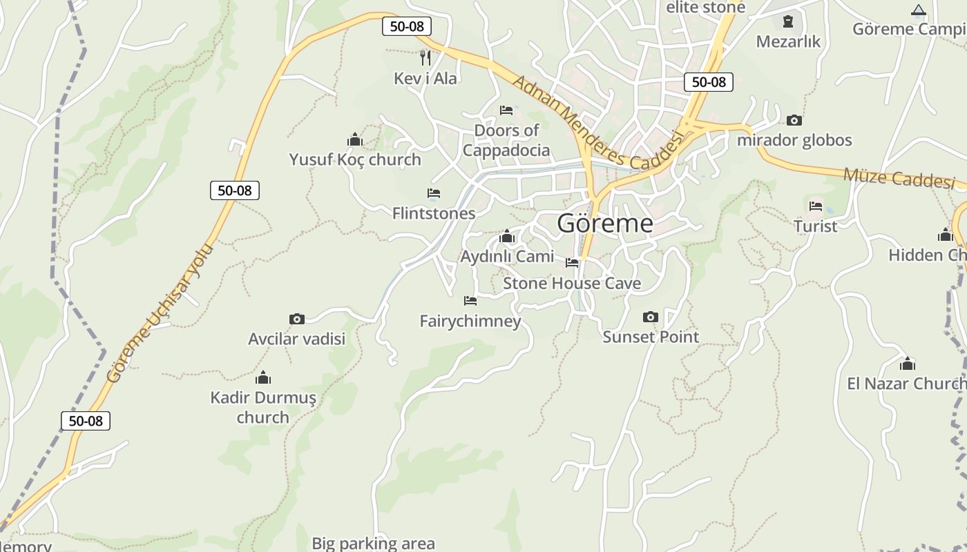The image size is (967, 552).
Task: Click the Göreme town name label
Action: click(605, 223)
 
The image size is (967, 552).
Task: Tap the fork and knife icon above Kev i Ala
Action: click(425, 57)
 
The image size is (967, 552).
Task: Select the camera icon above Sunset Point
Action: click(651, 317)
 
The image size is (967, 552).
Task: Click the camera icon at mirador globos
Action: click(794, 121)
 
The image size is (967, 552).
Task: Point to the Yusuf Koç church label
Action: click(355, 159)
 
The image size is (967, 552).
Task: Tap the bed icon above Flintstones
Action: click(434, 193)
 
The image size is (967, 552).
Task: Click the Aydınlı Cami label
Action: click(507, 256)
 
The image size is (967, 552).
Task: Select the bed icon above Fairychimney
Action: click(470, 301)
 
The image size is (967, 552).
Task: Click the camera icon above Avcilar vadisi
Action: click(297, 319)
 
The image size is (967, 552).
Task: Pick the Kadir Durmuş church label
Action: click(263, 407)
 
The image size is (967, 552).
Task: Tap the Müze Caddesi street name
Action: click(899, 177)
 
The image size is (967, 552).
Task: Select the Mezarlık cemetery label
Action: click(788, 41)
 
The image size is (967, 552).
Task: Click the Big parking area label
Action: click(373, 544)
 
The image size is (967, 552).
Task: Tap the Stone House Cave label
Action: click(572, 283)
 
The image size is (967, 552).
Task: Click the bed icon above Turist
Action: click(816, 206)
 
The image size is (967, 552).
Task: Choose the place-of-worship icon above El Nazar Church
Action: click(908, 364)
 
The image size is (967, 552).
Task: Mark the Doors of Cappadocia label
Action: click(506, 140)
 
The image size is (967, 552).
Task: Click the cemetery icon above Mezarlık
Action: click(787, 22)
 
